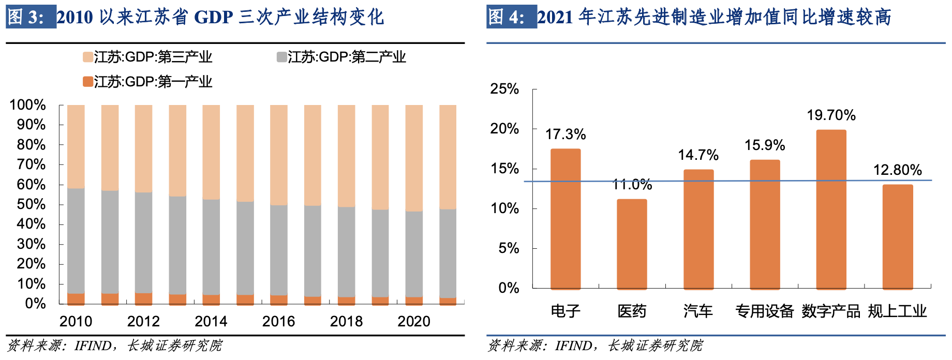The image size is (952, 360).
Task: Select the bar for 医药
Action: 632,244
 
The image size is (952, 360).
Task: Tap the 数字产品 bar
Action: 831,209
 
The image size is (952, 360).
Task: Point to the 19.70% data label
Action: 831,115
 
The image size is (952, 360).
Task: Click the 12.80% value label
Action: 897,170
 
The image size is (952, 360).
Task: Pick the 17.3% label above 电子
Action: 566,134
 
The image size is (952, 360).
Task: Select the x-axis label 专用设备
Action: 765,311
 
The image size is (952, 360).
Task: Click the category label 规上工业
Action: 897,311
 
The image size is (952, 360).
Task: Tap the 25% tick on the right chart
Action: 504,89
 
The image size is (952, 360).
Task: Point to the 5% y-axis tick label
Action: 509,248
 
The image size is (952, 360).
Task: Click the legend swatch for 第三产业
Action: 87,57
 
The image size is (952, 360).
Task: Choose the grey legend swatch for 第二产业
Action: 281,57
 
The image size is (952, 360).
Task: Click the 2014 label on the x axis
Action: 211,322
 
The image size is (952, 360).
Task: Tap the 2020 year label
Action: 414,322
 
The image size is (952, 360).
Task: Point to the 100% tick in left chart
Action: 28,105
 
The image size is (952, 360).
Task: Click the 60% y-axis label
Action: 31,185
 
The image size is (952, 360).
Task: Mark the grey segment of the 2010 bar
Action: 76,241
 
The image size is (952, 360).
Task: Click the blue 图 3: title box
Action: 31,17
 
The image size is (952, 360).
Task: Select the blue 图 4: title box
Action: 511,17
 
